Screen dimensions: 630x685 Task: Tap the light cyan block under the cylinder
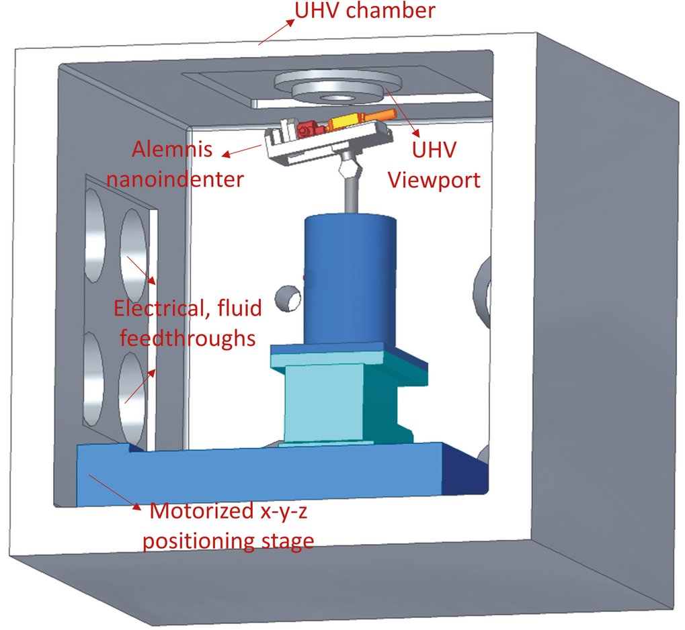(x=315, y=403)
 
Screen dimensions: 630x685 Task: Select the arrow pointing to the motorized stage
(x=114, y=492)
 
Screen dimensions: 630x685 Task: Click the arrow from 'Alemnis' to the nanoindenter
(x=242, y=150)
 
